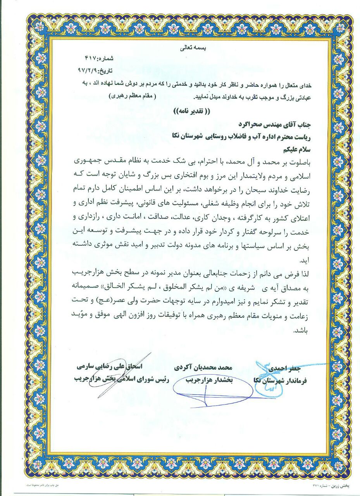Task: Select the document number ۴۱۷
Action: pyautogui.click(x=90, y=59)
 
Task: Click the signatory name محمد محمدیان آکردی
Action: pyautogui.click(x=205, y=367)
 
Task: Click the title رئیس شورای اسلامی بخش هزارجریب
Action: pyautogui.click(x=112, y=379)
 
